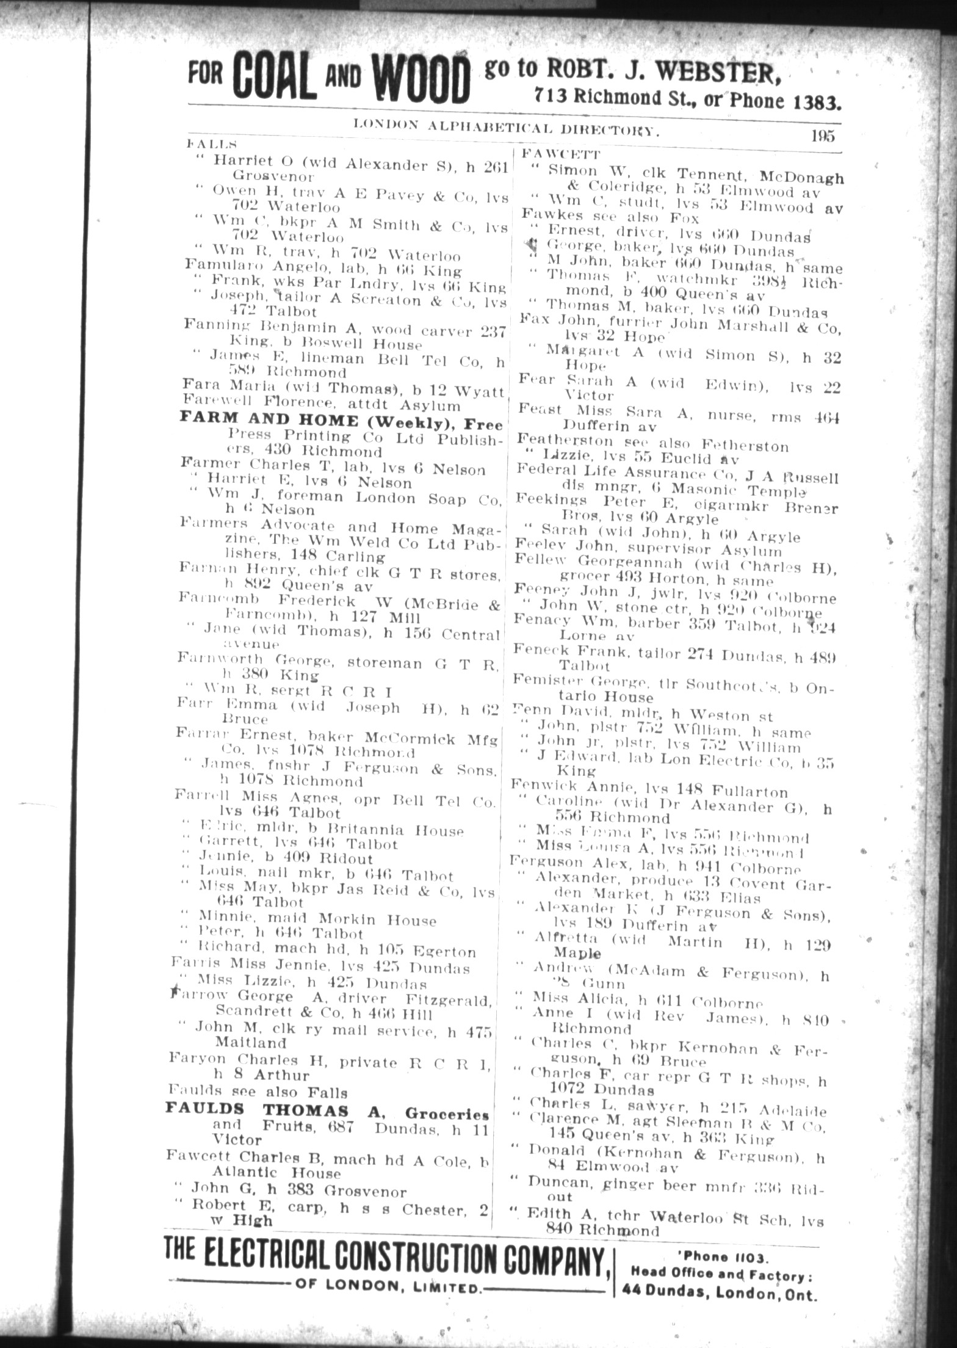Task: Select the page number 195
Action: point(822,136)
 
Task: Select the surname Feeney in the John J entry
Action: point(540,590)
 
